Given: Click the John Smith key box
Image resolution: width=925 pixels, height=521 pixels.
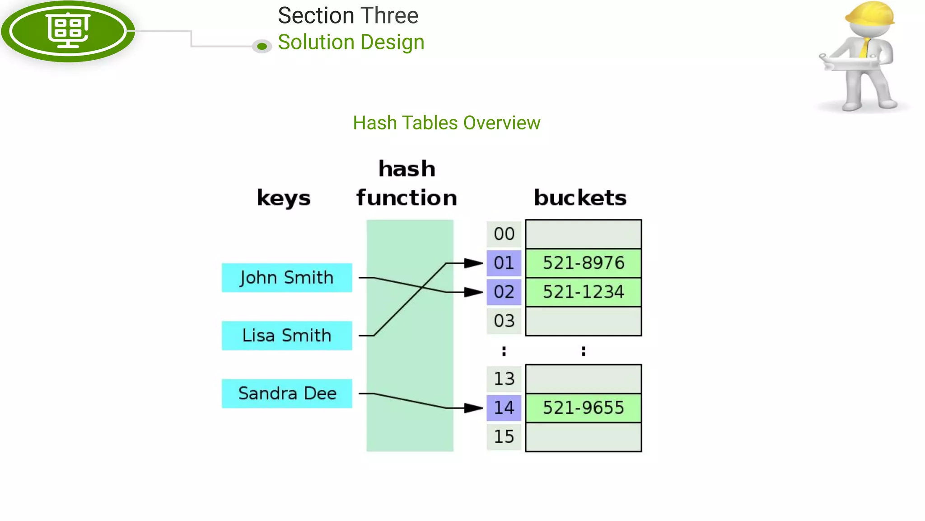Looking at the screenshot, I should [287, 278].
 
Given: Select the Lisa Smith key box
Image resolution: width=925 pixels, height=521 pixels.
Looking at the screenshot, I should [287, 336].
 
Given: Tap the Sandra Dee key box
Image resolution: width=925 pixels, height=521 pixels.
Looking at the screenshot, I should [287, 393].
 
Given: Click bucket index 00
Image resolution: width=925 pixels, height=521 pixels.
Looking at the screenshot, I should [504, 234].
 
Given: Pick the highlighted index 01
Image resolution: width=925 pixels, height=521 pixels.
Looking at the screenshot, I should [504, 263].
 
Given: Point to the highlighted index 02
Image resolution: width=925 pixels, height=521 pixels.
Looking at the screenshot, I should [504, 292].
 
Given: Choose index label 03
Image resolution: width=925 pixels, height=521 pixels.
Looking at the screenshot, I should [504, 321].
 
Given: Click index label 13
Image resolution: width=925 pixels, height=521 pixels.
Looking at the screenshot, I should [504, 379].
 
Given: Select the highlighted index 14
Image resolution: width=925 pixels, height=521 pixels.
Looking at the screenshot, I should [504, 408].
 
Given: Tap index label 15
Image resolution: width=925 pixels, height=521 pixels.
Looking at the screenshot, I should [504, 437].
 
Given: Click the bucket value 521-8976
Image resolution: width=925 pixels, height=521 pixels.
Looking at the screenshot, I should [584, 263].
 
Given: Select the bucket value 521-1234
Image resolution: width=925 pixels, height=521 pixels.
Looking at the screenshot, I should [584, 292].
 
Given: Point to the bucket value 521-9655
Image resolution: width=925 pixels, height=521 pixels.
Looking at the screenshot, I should [584, 408].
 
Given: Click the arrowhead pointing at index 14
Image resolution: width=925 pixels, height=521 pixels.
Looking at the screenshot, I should [474, 408].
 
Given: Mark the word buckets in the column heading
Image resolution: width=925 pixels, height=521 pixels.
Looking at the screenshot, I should [580, 198].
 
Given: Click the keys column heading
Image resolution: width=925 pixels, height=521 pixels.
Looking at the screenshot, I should [284, 198].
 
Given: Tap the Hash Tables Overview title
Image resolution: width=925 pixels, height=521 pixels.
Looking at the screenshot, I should [447, 123].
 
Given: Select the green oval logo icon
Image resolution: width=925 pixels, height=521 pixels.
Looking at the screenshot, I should [68, 31].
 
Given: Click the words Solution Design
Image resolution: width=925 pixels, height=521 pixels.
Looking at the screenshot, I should [351, 43].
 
